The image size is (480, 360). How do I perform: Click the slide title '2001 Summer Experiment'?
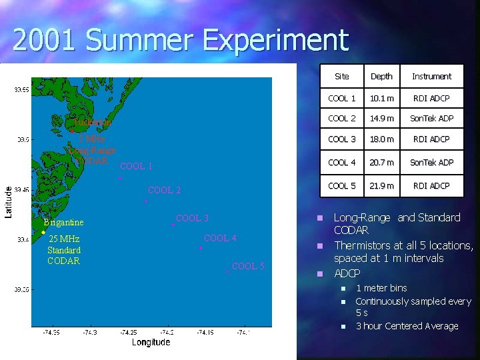180,40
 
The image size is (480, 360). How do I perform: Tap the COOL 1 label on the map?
136,167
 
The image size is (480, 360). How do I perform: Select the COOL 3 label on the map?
192,218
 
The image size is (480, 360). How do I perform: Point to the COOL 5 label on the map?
248,266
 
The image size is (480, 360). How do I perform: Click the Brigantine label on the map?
63,223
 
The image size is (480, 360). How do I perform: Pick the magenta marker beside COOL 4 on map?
200,249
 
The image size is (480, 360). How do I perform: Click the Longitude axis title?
151,342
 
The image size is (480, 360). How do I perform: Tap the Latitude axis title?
9,201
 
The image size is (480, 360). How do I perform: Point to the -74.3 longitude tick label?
89,331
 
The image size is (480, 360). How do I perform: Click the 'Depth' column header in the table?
381,77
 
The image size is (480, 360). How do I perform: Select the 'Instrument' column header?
431,77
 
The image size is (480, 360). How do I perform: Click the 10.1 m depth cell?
381,99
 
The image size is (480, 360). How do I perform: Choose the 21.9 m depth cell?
381,186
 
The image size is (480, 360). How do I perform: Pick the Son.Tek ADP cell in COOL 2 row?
431,119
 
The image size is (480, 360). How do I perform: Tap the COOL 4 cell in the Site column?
341,163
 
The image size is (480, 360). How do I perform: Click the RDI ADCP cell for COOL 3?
431,139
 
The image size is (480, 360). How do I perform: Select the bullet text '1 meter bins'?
381,288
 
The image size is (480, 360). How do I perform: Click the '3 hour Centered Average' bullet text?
407,326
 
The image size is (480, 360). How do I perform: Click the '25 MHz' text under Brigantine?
65,239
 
